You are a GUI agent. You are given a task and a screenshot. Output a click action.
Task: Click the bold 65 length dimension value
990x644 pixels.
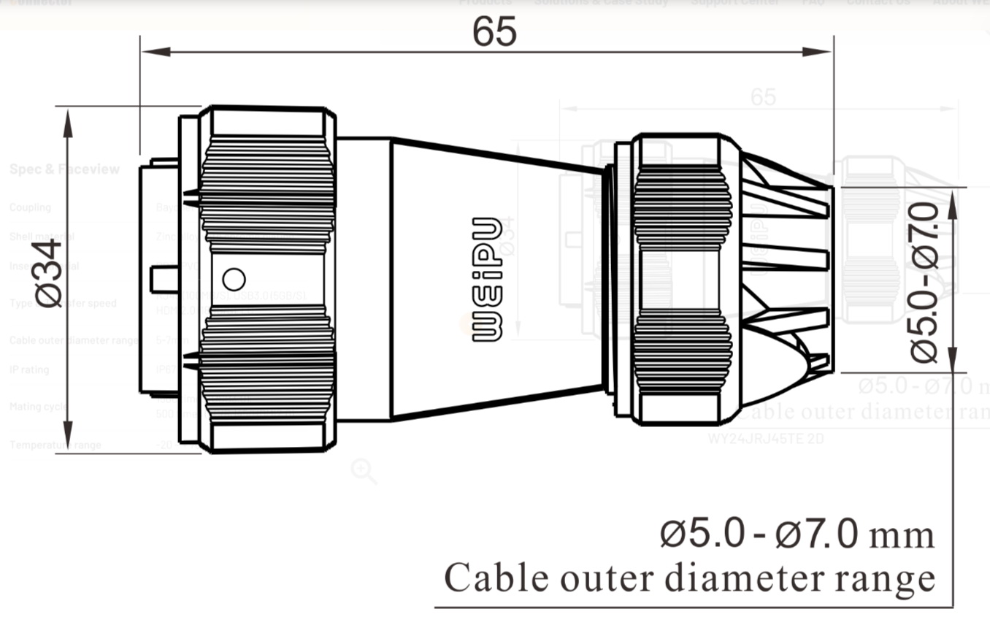pyautogui.click(x=494, y=31)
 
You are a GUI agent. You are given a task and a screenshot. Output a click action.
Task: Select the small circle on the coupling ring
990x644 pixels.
pyautogui.click(x=234, y=279)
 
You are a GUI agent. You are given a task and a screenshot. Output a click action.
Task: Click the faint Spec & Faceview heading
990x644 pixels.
pyautogui.click(x=64, y=169)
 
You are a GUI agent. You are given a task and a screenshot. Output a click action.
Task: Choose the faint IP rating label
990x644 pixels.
pyautogui.click(x=29, y=369)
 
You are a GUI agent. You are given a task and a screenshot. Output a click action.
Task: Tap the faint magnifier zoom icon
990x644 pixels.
pyautogui.click(x=363, y=471)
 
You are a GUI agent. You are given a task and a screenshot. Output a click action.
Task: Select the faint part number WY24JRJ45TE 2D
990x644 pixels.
pyautogui.click(x=766, y=439)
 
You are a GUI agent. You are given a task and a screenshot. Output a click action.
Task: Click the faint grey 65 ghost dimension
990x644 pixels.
pyautogui.click(x=763, y=96)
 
